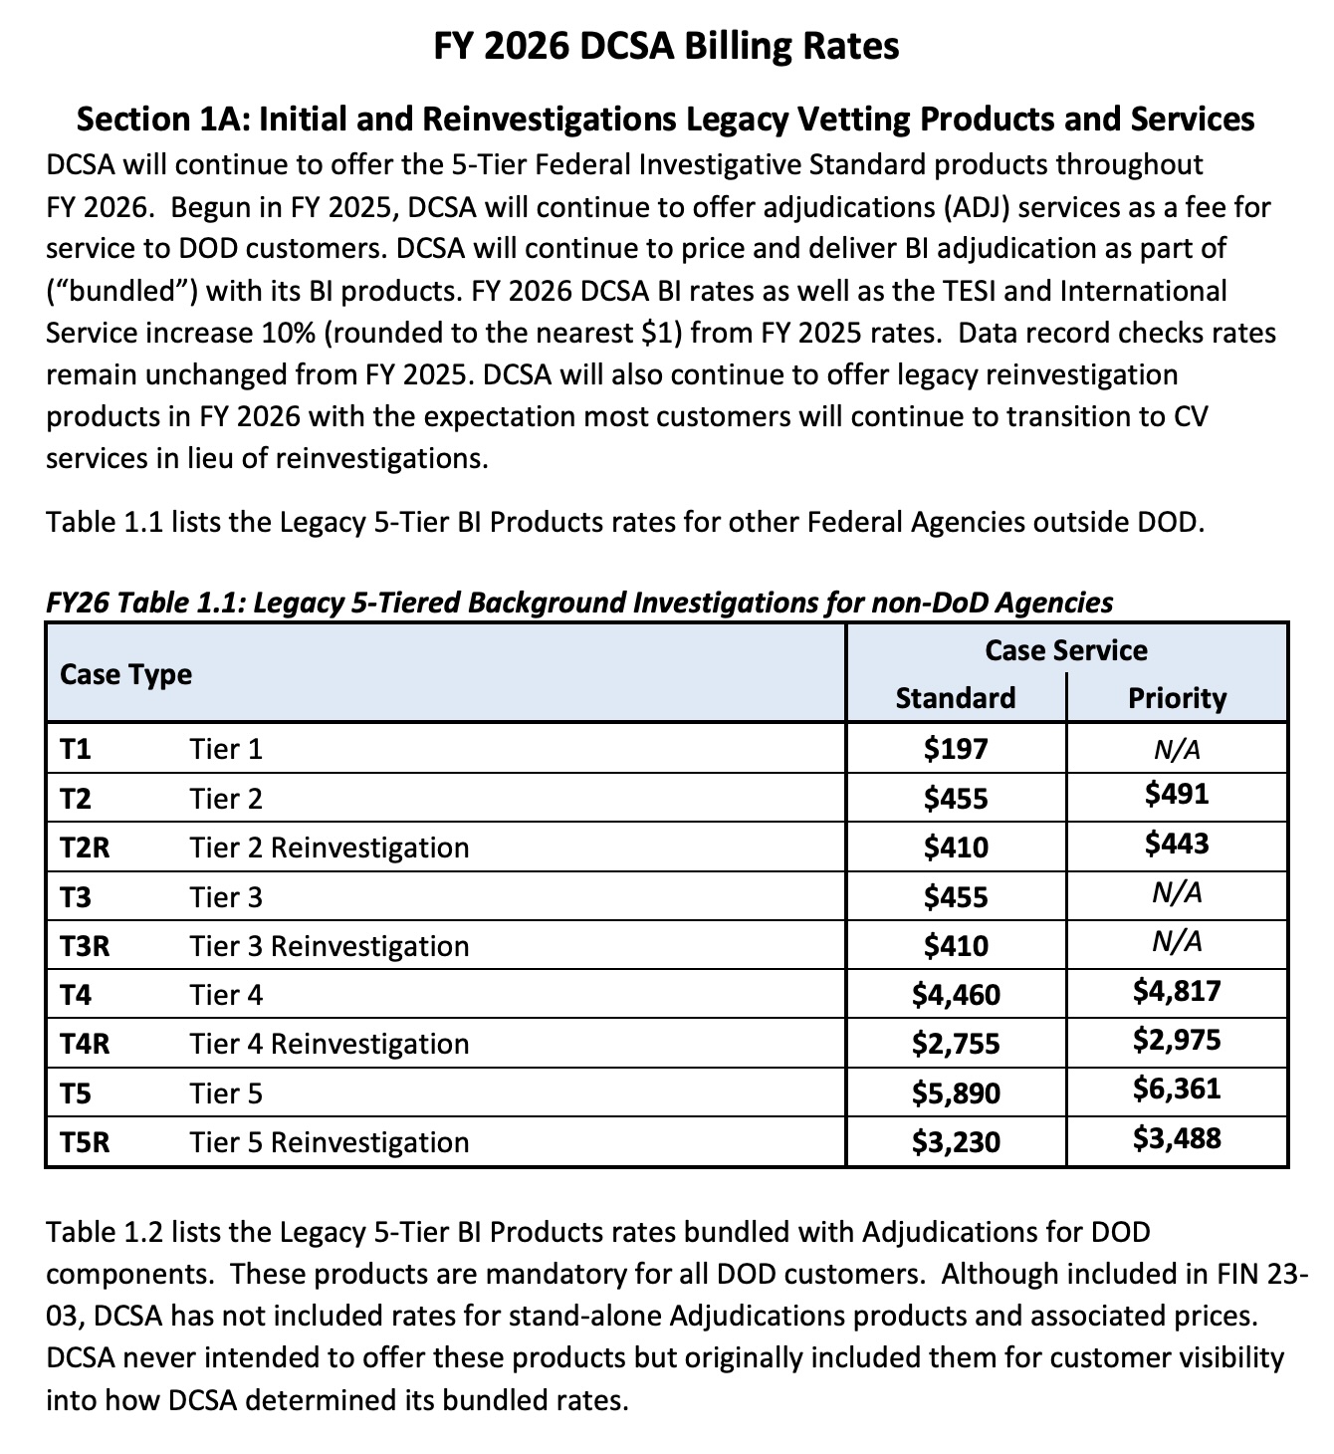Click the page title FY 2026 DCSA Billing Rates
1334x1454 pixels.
pyautogui.click(x=666, y=46)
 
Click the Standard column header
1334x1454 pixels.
pyautogui.click(x=955, y=697)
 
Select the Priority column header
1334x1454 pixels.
pyautogui.click(x=1177, y=697)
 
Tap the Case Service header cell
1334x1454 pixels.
pyautogui.click(x=1065, y=650)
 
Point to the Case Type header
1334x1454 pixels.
pyautogui.click(x=125, y=674)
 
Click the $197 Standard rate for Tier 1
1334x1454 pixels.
pyautogui.click(x=955, y=748)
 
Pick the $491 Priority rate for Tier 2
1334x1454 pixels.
pyautogui.click(x=1177, y=794)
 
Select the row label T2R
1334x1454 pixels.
pyautogui.click(x=85, y=848)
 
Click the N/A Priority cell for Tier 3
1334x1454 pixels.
pyautogui.click(x=1177, y=892)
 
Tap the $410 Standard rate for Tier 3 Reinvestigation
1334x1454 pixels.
pyautogui.click(x=955, y=945)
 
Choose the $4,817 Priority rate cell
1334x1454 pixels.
pyautogui.click(x=1177, y=990)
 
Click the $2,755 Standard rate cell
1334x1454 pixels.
pyautogui.click(x=955, y=1044)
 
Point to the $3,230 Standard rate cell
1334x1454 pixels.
pyautogui.click(x=955, y=1141)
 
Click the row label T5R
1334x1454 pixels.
pyautogui.click(x=85, y=1141)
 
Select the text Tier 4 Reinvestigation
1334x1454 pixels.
pyautogui.click(x=329, y=1044)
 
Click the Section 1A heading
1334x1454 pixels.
pyautogui.click(x=665, y=120)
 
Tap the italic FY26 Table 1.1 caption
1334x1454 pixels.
pyautogui.click(x=578, y=603)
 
